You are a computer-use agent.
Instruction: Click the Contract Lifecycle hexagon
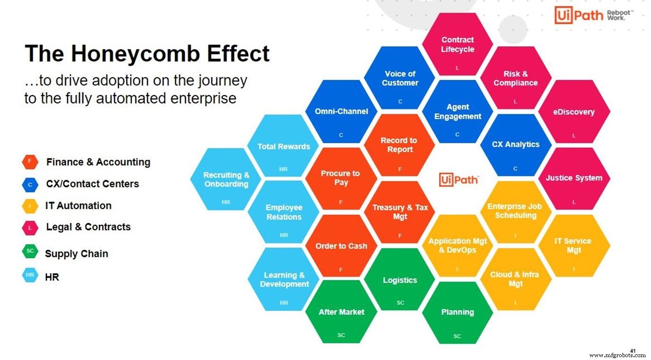[457, 44]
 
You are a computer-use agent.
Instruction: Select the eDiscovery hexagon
[574, 112]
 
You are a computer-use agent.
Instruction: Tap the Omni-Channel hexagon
[341, 112]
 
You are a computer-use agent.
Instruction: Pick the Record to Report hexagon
[400, 145]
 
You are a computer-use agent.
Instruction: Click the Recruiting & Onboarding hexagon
[226, 179]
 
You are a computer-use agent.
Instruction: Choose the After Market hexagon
[341, 312]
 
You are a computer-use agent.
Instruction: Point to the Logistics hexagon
[400, 279]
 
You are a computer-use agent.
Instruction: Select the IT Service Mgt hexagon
[574, 246]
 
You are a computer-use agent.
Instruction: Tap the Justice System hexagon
[574, 178]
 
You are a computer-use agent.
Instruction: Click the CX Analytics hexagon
[516, 145]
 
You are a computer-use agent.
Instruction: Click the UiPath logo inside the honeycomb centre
[458, 180]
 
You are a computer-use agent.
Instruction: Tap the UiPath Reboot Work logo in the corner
[593, 15]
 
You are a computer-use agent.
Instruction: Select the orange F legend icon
[30, 161]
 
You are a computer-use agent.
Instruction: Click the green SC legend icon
[30, 251]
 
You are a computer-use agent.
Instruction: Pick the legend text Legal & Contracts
[88, 227]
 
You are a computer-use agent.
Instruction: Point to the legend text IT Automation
[78, 206]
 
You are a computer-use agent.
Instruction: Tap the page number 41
[633, 351]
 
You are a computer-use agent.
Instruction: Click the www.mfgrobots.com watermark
[617, 355]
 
